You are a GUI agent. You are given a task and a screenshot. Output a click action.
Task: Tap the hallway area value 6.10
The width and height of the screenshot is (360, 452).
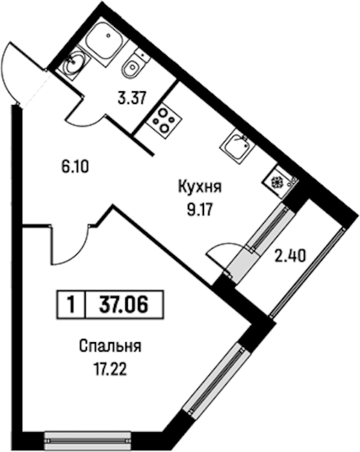pos(74,167)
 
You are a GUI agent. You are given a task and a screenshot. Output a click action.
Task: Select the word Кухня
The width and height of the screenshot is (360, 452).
pos(200,187)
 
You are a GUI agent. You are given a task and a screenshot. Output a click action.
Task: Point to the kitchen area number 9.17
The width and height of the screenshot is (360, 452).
pos(200,210)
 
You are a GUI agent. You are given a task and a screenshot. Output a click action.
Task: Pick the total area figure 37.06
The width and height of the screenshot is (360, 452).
pos(124,305)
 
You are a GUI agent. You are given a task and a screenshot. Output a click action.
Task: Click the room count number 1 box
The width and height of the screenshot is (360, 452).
pos(71,305)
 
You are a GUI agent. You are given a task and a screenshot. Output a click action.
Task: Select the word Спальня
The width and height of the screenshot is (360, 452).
pos(110,346)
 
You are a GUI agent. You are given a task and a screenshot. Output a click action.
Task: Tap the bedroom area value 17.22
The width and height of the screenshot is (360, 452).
pos(110,369)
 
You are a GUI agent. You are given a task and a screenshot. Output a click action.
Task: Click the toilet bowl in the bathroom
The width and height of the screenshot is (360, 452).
pos(133,65)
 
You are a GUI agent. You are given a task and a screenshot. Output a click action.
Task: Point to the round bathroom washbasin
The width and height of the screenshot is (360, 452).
pos(73,62)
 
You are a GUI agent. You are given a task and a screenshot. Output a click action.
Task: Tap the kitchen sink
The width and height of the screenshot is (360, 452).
pos(238,146)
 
